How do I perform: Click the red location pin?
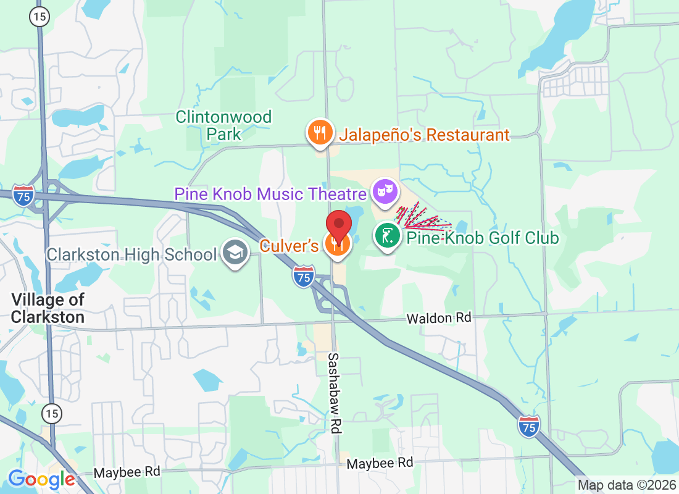pos(339,224)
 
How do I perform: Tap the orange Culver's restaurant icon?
pos(338,245)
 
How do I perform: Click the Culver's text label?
pos(289,246)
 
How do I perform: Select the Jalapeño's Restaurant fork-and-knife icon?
pos(320,134)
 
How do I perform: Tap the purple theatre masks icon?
pos(386,191)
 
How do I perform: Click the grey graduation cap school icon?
pos(235,254)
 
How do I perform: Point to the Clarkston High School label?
pos(132,254)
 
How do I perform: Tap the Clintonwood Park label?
pos(223,125)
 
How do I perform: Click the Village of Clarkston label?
pos(48,308)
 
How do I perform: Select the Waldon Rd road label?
pos(438,318)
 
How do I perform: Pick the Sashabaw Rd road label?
pos(334,393)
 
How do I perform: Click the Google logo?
pos(42,479)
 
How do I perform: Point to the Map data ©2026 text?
pos(627,485)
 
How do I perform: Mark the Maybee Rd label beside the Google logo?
pos(127,472)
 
